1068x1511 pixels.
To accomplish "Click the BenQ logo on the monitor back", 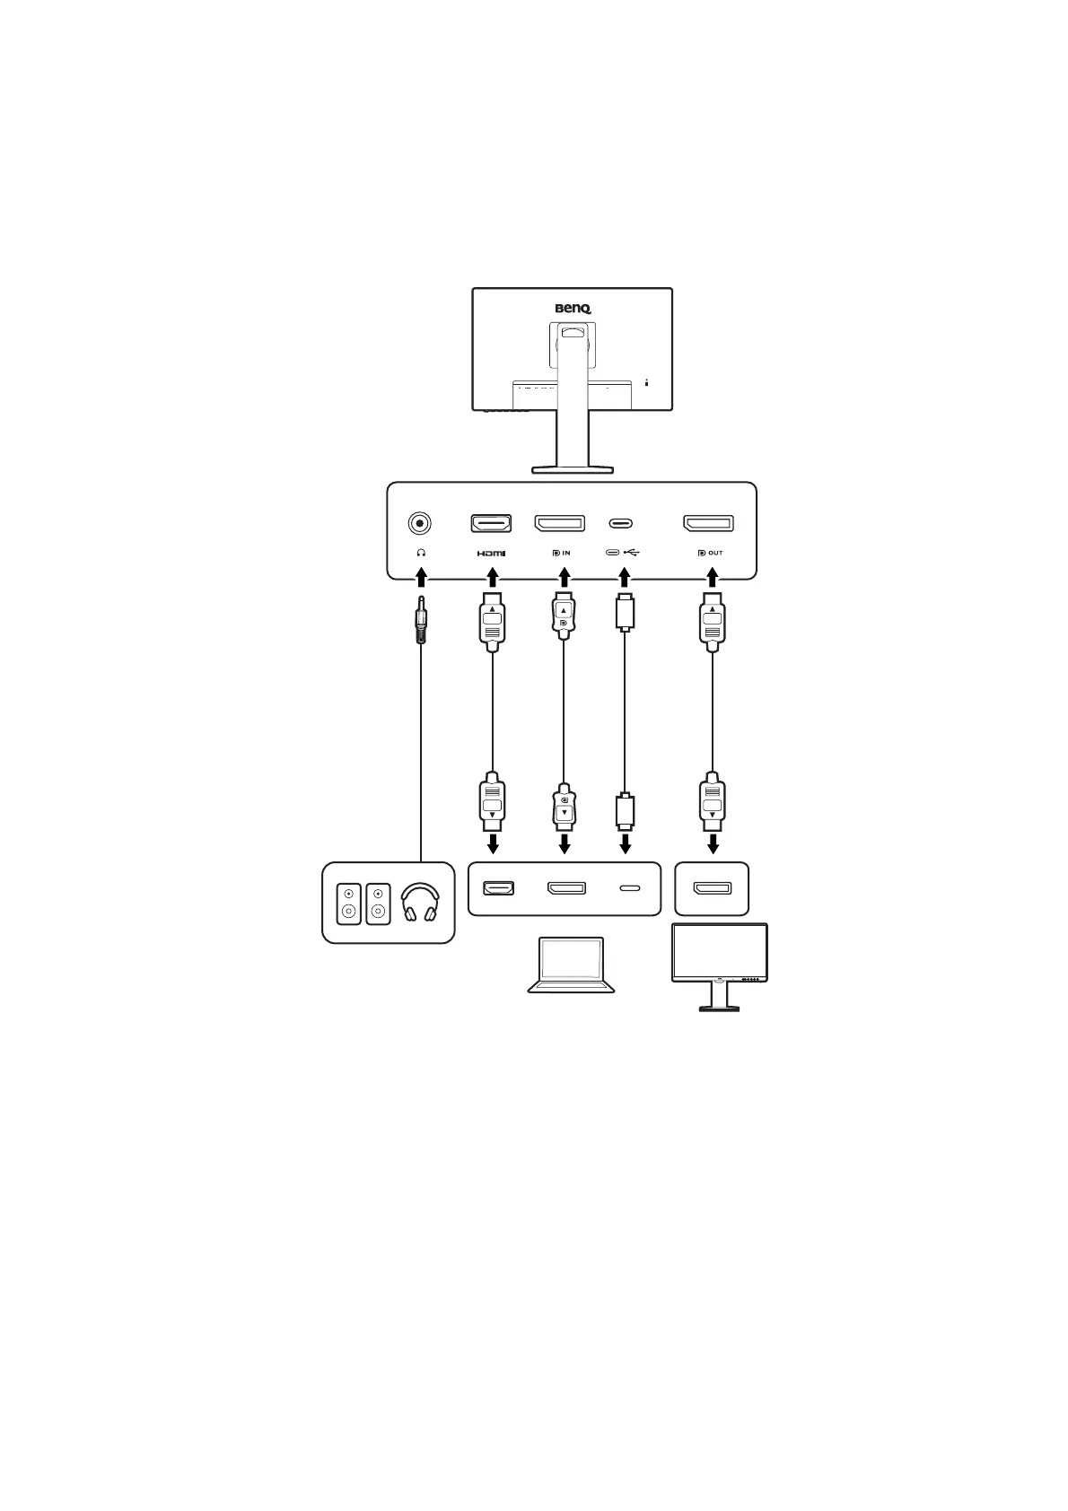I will click(x=573, y=309).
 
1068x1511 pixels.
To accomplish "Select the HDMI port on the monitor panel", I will click(x=491, y=523).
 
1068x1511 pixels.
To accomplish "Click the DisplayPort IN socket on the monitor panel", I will click(x=560, y=523).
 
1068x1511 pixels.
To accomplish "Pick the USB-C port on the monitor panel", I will click(x=621, y=523).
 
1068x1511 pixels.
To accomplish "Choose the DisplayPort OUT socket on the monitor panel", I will click(x=709, y=523).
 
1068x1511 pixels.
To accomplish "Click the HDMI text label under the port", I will click(x=491, y=553).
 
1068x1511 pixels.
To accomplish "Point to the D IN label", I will click(x=561, y=553).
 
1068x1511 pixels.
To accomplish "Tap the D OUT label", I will click(x=709, y=553).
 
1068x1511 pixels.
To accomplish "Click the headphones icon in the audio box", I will click(x=420, y=903).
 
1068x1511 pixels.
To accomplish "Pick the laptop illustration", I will click(x=572, y=965).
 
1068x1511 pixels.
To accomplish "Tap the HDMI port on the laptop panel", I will click(x=498, y=888).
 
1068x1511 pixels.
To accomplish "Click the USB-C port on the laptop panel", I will click(x=630, y=888).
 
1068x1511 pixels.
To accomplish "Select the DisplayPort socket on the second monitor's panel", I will click(x=712, y=888).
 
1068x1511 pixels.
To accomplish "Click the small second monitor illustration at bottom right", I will click(x=720, y=966).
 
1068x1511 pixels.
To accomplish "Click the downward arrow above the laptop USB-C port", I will click(x=626, y=843).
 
